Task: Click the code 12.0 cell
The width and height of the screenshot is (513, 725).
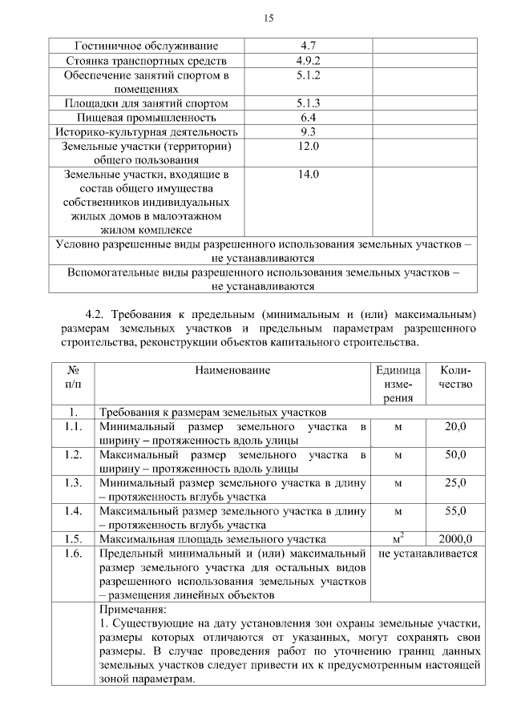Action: [x=308, y=147]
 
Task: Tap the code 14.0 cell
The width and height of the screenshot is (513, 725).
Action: [x=308, y=175]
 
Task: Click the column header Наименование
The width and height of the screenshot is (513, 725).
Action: [x=232, y=370]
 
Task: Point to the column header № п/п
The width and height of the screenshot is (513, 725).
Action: [x=72, y=377]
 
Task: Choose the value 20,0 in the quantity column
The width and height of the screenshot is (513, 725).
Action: [x=455, y=426]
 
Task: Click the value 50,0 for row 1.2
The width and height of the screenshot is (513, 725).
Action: [x=455, y=454]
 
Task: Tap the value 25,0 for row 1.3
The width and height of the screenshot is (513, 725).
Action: [x=455, y=482]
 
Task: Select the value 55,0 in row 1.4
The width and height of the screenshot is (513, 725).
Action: [x=455, y=510]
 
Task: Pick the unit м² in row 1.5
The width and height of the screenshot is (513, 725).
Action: [x=398, y=538]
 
